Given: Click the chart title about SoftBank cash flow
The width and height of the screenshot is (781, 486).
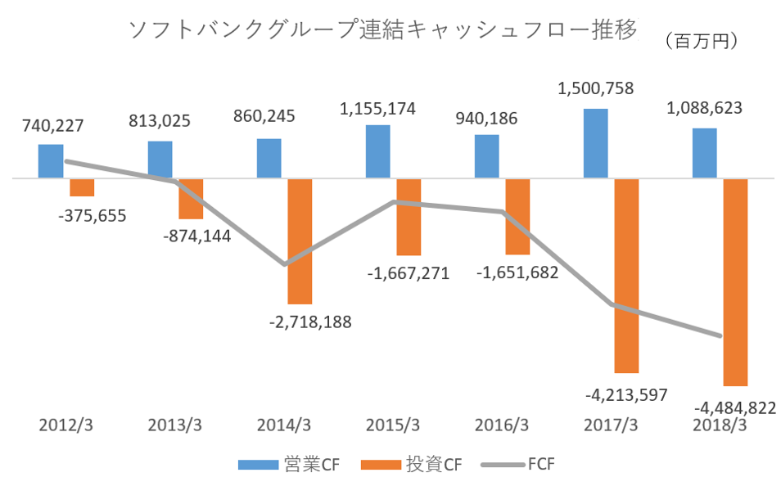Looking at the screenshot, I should pyautogui.click(x=382, y=31).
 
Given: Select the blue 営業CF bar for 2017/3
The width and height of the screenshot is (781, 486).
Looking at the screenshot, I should pyautogui.click(x=596, y=143).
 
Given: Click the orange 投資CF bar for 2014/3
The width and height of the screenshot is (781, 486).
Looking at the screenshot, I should pyautogui.click(x=300, y=241).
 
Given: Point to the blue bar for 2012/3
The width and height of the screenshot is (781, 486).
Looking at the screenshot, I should pyautogui.click(x=51, y=161).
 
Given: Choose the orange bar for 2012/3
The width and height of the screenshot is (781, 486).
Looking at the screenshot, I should pyautogui.click(x=82, y=187).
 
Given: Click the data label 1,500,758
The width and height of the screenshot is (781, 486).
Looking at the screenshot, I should pyautogui.click(x=596, y=88).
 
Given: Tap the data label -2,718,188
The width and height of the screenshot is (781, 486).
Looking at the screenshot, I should pyautogui.click(x=309, y=322).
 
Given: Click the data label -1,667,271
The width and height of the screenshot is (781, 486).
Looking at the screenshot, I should pyautogui.click(x=408, y=273).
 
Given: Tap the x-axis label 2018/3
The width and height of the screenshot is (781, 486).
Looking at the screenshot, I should pyautogui.click(x=720, y=425).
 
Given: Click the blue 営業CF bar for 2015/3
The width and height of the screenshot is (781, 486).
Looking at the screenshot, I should pyautogui.click(x=377, y=151).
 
